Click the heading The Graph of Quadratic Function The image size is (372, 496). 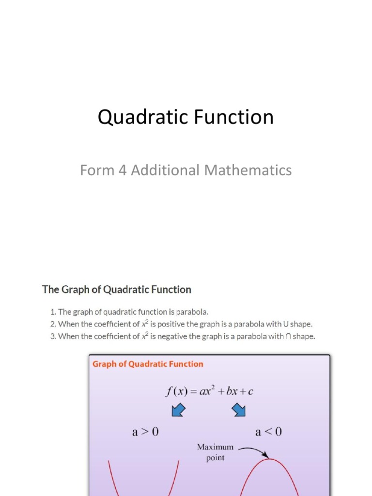(117, 290)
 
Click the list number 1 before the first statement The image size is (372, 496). (53, 311)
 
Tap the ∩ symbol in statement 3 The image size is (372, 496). (288, 336)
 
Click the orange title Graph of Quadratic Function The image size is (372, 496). (148, 364)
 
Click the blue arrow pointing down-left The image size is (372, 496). (179, 411)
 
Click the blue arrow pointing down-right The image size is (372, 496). (238, 411)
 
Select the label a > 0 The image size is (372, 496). (145, 432)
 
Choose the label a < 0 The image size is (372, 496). (268, 432)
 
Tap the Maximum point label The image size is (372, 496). (215, 452)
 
